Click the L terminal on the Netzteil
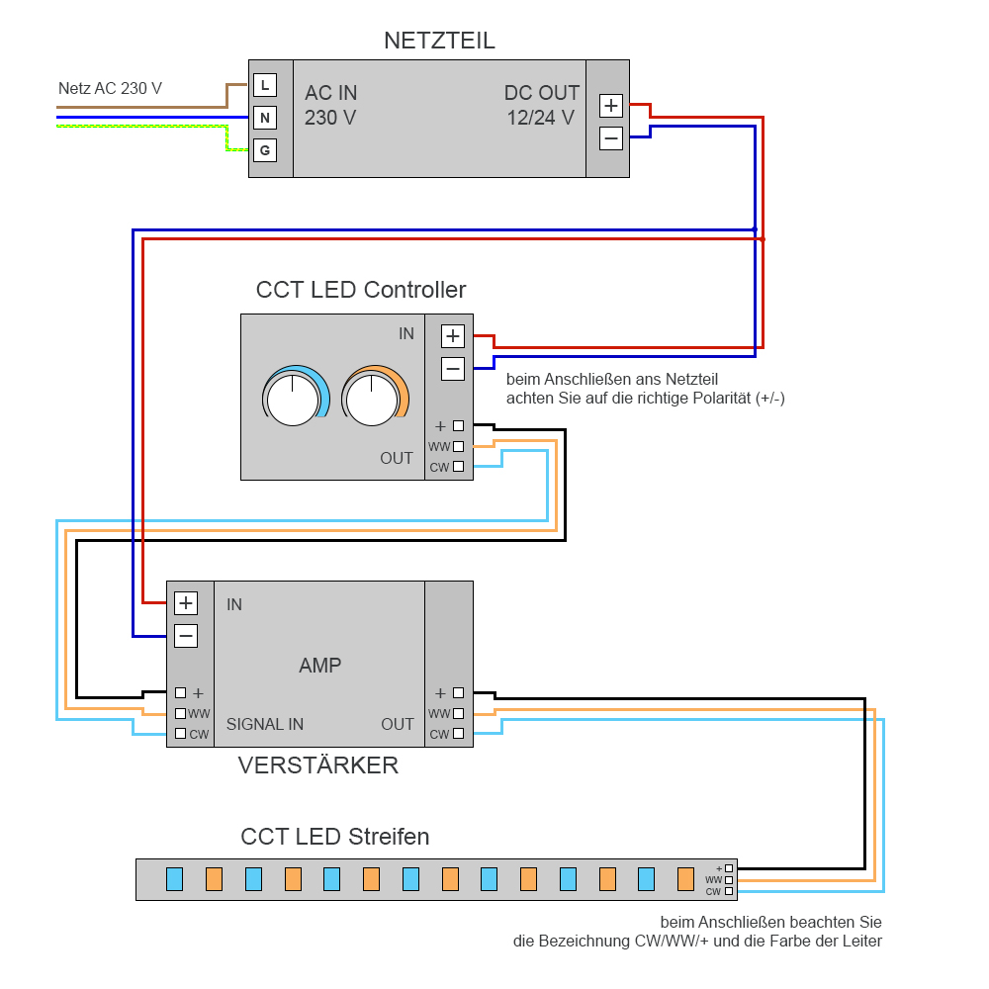click(x=264, y=85)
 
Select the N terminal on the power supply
click(x=264, y=119)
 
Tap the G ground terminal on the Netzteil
click(x=264, y=150)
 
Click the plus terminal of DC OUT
click(x=611, y=106)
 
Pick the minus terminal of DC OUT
click(x=611, y=138)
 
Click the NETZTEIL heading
click(x=439, y=41)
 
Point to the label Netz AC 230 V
click(x=110, y=88)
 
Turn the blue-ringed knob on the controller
click(x=294, y=399)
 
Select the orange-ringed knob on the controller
click(x=373, y=399)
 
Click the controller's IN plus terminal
click(x=453, y=336)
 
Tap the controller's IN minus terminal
click(x=453, y=369)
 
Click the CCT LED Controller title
click(x=360, y=290)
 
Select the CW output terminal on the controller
click(x=458, y=467)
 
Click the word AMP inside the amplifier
click(x=319, y=666)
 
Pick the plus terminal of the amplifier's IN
click(x=186, y=603)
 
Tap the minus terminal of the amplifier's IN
click(x=186, y=636)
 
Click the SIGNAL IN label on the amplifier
click(x=265, y=724)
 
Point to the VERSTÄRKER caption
click(x=318, y=765)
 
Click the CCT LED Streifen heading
click(x=335, y=837)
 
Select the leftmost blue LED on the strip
click(x=175, y=878)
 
